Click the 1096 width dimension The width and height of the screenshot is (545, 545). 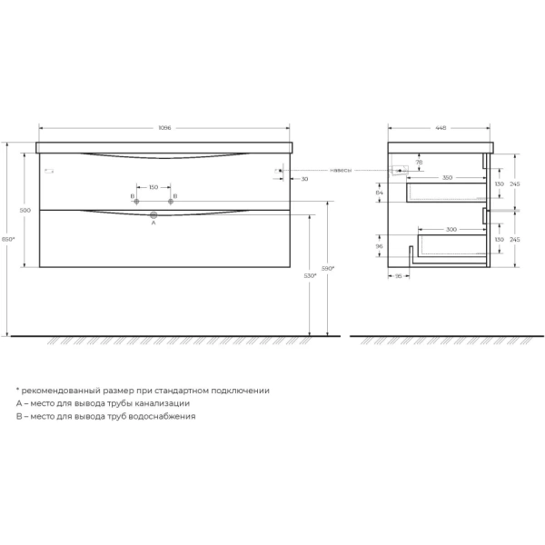pyautogui.click(x=164, y=128)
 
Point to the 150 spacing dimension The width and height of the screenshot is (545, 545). pyautogui.click(x=154, y=188)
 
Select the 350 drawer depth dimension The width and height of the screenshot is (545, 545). pyautogui.click(x=446, y=177)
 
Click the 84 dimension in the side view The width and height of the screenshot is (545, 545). pyautogui.click(x=380, y=193)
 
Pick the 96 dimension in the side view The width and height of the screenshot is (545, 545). pyautogui.click(x=380, y=245)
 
